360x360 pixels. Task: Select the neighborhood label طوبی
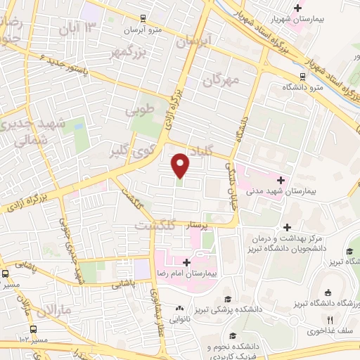coord(139,110)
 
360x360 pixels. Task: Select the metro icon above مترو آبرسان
coord(143,18)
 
